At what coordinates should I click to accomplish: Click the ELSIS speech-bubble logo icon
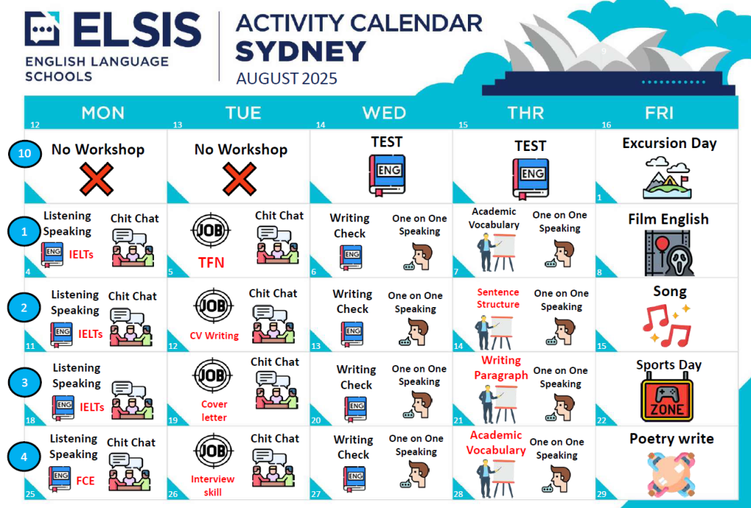[x=42, y=29]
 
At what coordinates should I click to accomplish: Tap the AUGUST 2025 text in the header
[x=287, y=78]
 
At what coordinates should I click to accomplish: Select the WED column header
[x=384, y=113]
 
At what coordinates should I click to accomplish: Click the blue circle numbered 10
[x=24, y=153]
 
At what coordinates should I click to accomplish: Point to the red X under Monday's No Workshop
[x=96, y=179]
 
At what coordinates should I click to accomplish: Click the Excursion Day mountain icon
[x=667, y=177]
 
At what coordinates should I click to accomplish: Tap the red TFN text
[x=211, y=262]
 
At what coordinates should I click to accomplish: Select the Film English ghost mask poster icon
[x=669, y=253]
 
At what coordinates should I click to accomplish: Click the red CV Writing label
[x=214, y=336]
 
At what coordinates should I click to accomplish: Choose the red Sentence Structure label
[x=498, y=298]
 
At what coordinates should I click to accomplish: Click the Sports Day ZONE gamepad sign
[x=667, y=400]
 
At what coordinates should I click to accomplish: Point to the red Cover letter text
[x=214, y=411]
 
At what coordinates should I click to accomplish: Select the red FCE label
[x=85, y=481]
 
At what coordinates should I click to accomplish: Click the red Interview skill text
[x=213, y=485]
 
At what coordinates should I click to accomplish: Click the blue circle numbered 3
[x=24, y=383]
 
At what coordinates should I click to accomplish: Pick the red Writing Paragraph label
[x=501, y=368]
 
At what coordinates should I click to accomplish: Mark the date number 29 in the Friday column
[x=601, y=494]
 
